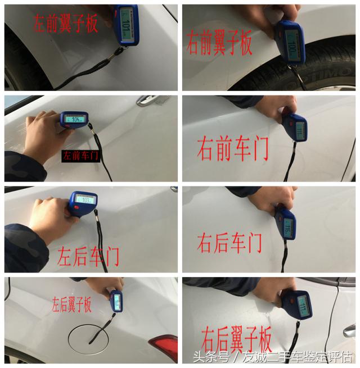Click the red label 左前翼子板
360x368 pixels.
[x=66, y=24]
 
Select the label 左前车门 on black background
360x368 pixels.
[x=80, y=156]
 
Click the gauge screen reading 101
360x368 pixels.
[x=125, y=26]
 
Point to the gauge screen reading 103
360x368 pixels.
[x=87, y=200]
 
